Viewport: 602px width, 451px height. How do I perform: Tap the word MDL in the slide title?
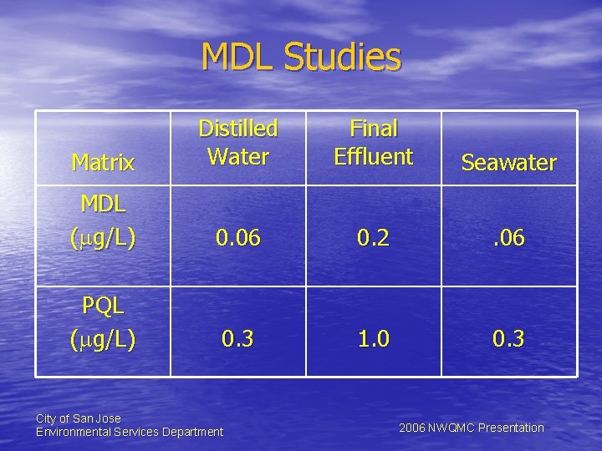point(239,57)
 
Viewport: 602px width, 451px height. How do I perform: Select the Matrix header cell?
point(103,162)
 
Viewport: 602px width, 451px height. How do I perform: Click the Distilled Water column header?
point(237,142)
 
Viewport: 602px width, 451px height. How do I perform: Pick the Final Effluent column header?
point(373,142)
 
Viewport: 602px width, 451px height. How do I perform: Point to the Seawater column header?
point(508,163)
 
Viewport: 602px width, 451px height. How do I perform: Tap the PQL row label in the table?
point(103,306)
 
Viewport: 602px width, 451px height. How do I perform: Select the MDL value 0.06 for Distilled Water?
point(237,239)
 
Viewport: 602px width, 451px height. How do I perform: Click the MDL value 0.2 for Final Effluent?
point(373,239)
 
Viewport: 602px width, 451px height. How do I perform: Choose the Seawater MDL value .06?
point(508,239)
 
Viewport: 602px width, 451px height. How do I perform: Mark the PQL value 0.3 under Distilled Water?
point(237,340)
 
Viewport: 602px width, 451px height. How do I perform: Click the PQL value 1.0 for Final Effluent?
point(373,340)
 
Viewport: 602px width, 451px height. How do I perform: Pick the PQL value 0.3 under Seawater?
point(508,340)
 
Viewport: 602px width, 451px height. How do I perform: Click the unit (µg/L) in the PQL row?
point(103,340)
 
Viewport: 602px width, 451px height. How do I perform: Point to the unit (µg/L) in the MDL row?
point(103,239)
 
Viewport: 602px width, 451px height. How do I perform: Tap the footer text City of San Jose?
point(78,418)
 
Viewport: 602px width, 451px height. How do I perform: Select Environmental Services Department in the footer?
point(130,432)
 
